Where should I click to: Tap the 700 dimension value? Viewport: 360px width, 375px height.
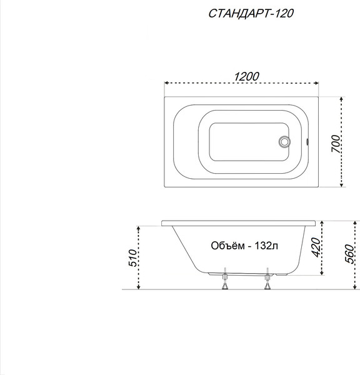coord(336,145)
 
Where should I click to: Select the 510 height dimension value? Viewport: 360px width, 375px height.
coord(132,257)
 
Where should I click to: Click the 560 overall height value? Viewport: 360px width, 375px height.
coord(351,253)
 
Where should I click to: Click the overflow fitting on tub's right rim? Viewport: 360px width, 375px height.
coord(308,141)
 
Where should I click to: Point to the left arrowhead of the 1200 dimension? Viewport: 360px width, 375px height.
coord(166,83)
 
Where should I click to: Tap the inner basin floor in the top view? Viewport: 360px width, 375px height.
coord(241,142)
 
